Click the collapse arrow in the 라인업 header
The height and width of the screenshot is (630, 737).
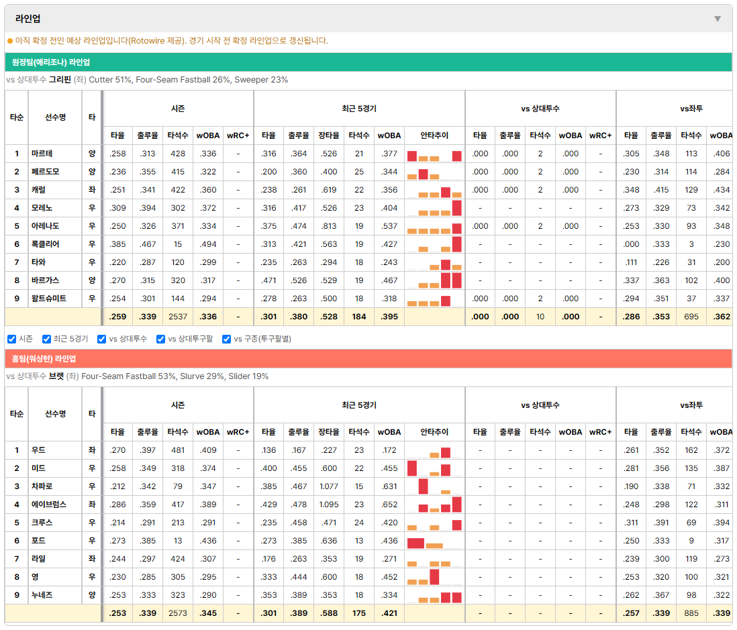click(718, 19)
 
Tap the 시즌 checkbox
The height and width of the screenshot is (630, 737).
click(12, 339)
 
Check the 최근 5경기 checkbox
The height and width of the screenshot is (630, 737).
click(46, 339)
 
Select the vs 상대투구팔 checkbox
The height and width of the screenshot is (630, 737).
click(160, 339)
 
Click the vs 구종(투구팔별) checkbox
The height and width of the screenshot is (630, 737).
click(227, 339)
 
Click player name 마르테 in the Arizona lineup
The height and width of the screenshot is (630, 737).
click(42, 154)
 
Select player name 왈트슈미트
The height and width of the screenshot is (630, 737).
click(49, 299)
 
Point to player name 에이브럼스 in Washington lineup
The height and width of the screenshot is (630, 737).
click(49, 505)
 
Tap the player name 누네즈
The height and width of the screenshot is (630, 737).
click(42, 594)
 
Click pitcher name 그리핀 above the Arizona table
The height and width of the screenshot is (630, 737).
click(60, 80)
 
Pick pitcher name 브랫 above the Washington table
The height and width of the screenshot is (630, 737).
click(56, 376)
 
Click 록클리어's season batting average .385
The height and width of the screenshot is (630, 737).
click(117, 244)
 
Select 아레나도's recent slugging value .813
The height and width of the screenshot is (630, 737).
click(329, 226)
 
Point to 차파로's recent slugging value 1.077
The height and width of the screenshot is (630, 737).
click(329, 486)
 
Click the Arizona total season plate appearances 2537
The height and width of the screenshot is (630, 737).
click(178, 317)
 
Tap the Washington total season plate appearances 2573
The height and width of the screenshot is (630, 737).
click(178, 613)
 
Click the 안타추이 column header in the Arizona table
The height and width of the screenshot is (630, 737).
click(434, 136)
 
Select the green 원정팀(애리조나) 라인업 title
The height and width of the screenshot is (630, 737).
click(51, 62)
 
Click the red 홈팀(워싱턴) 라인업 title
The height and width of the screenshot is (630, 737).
click(44, 359)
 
